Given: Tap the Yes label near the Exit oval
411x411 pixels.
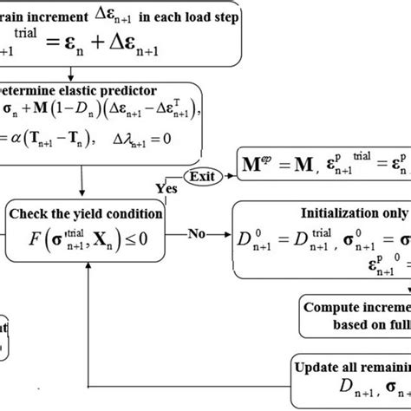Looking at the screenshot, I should coord(167,186).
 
